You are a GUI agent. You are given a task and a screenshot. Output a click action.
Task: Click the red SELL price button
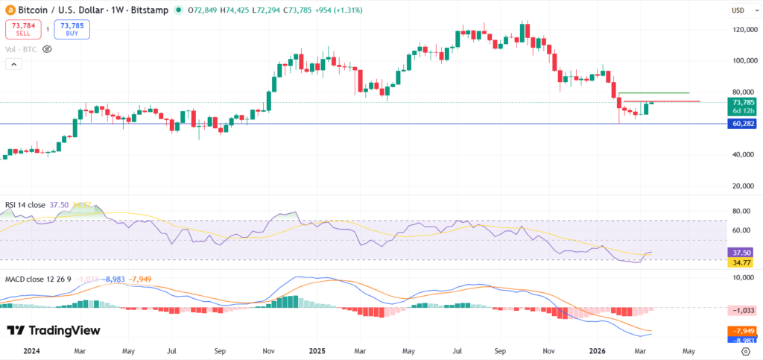[18, 29]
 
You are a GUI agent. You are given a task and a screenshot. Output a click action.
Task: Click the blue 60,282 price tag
[742, 123]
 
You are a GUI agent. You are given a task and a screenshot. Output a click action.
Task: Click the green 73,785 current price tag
[742, 102]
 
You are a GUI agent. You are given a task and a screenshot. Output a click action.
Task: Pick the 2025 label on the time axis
[318, 350]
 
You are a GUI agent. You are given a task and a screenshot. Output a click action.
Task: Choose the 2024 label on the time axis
[33, 350]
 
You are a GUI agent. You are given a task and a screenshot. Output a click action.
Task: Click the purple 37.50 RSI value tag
[742, 253]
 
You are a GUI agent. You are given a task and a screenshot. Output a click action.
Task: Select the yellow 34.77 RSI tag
[742, 262]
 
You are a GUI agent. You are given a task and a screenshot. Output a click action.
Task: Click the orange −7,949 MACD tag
[742, 331]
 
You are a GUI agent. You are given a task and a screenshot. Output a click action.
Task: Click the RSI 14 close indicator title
[25, 204]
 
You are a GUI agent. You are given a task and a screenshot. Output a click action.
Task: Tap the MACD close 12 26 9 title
[37, 279]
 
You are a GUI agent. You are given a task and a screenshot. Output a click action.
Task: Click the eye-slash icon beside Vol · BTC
[47, 48]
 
